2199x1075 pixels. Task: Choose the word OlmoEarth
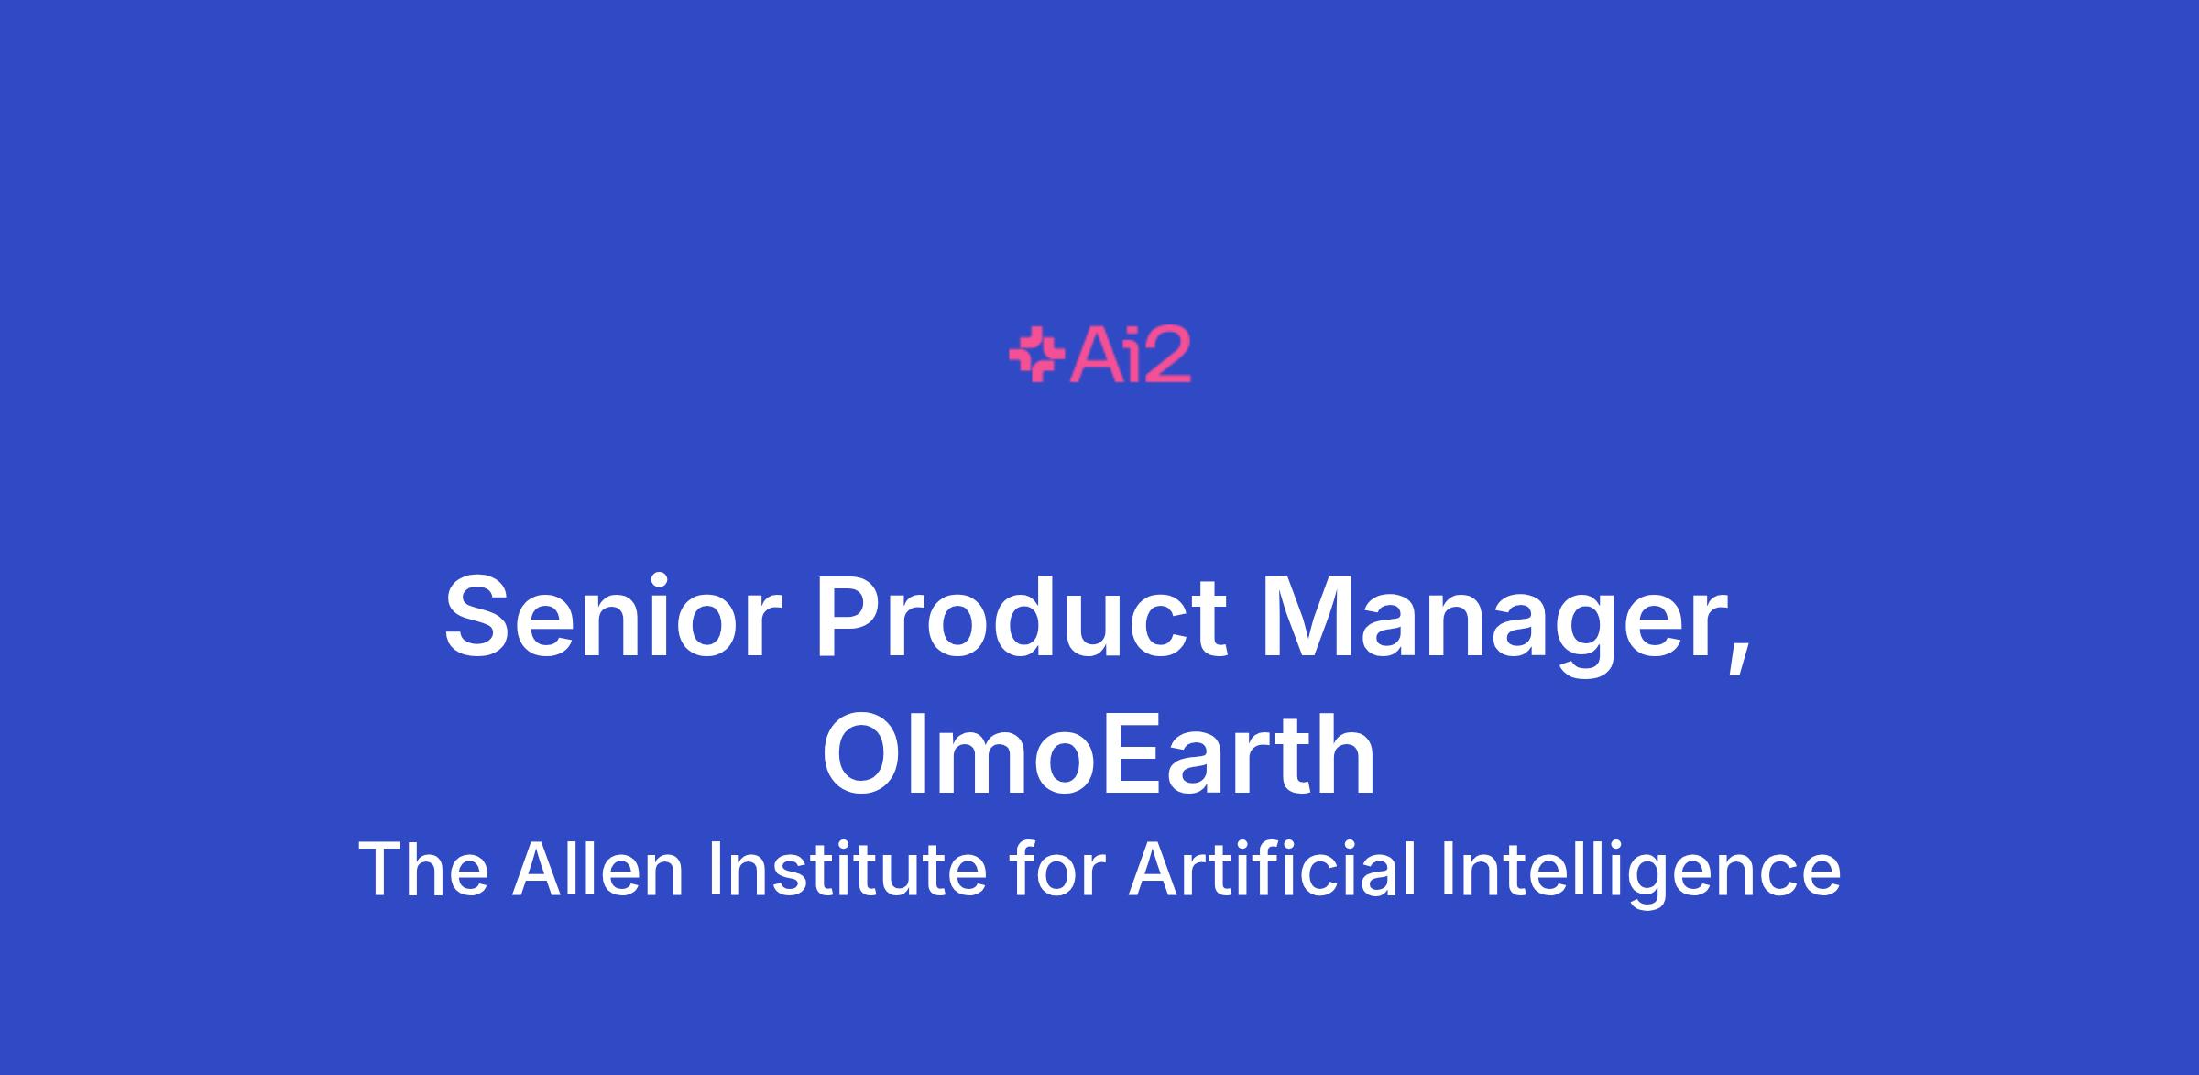tap(1099, 756)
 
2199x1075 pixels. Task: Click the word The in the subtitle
tap(423, 869)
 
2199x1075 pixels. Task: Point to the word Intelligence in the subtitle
tap(1640, 873)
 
